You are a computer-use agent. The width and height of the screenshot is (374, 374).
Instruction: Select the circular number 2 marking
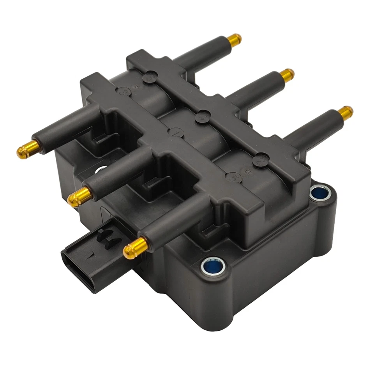pos(259,161)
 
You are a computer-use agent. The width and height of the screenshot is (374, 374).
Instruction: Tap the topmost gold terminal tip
pos(234,39)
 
